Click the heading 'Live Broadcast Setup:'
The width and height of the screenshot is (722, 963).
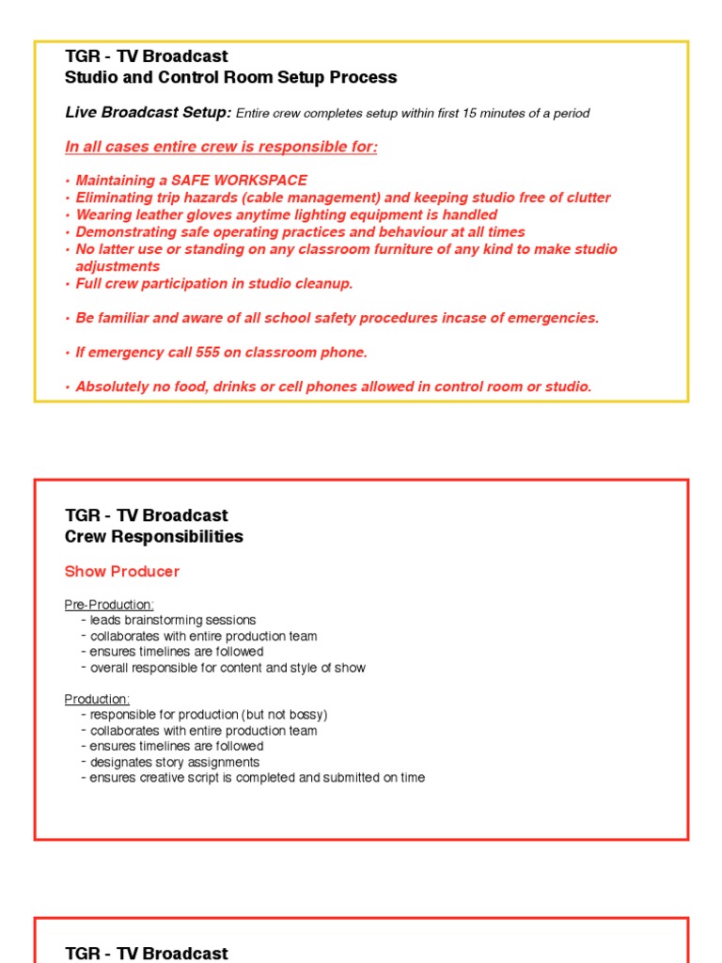148,113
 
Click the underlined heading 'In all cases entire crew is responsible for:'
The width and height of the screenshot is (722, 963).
221,148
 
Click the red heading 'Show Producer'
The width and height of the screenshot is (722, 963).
121,572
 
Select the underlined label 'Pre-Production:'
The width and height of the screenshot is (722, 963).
109,605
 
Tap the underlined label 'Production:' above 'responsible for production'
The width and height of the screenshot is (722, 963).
97,699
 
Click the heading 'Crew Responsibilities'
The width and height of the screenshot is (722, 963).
153,537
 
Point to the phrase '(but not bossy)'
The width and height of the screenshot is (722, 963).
282,715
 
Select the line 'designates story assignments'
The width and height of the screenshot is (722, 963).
174,762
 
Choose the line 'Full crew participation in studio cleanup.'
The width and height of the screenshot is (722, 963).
214,284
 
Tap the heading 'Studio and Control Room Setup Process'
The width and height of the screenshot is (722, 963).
230,78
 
